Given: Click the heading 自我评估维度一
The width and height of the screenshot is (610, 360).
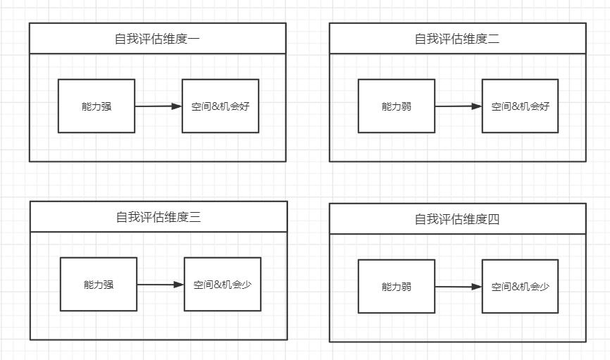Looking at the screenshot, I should [x=157, y=39].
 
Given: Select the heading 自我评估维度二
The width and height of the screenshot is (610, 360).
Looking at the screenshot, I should [x=457, y=39].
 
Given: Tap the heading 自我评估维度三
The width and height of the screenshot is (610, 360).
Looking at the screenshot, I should [x=158, y=217].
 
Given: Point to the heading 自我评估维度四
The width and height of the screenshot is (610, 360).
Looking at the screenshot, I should [x=457, y=219].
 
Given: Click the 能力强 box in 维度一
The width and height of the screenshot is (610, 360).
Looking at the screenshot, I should [x=97, y=106].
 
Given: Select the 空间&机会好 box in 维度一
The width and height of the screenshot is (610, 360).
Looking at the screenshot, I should [x=220, y=106].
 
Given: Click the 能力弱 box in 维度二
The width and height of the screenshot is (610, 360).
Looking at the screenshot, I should [x=397, y=106].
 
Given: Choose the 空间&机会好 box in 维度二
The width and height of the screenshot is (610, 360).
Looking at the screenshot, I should [x=521, y=106].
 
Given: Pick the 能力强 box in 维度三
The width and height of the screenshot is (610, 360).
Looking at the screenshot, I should [x=99, y=285].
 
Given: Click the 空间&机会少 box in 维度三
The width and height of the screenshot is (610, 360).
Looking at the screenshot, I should [x=223, y=285].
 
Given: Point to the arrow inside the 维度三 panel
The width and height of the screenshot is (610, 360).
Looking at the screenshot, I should [x=160, y=285].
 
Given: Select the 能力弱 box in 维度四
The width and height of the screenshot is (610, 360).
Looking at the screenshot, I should [x=397, y=287].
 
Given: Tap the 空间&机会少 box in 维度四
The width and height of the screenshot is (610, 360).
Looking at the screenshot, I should [x=521, y=287].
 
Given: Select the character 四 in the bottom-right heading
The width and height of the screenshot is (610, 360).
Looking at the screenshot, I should [x=494, y=219].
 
